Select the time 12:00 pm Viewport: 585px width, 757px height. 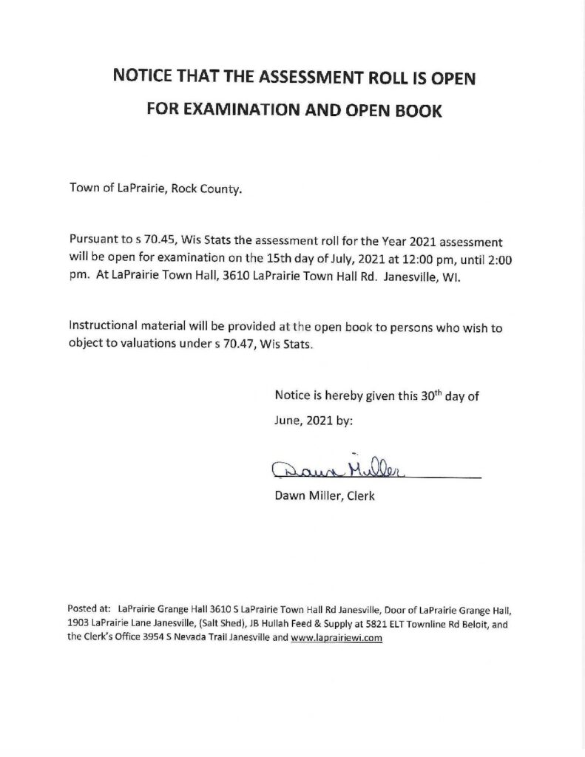[x=408, y=257]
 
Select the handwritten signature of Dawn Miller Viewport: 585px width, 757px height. [x=339, y=466]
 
